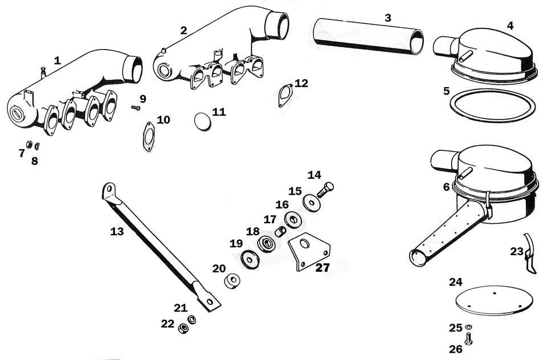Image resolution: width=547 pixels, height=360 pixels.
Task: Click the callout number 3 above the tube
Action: pos(388,18)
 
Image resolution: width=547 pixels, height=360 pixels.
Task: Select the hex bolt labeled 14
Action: pos(325,190)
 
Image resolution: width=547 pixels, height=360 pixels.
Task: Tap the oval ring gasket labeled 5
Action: pos(492,105)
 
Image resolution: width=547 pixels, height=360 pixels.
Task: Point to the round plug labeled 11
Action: pos(203,121)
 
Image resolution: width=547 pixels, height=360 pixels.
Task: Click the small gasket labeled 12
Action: pos(285,95)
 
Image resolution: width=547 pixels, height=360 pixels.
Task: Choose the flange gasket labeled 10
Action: pos(149,137)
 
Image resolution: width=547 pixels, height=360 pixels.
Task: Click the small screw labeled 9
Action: pos(136,108)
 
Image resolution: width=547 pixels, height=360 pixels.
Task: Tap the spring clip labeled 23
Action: pos(529,253)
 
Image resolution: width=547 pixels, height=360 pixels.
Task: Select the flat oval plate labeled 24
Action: pos(495,301)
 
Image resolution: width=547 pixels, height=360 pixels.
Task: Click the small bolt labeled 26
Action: pos(468,338)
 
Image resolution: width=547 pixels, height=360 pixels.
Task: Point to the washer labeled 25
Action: pos(468,326)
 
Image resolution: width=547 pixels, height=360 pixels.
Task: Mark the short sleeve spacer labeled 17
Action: pos(281,231)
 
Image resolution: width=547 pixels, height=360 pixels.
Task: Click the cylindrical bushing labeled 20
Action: pos(232,281)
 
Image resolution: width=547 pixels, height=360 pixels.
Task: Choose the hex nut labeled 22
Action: pos(183,328)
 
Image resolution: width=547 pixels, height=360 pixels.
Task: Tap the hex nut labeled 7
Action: pos(29,145)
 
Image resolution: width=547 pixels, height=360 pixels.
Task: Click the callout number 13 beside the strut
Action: pos(117,231)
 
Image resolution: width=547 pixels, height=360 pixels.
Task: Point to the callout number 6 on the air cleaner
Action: pos(447,187)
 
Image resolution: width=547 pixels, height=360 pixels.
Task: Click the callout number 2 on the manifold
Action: pos(183,30)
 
